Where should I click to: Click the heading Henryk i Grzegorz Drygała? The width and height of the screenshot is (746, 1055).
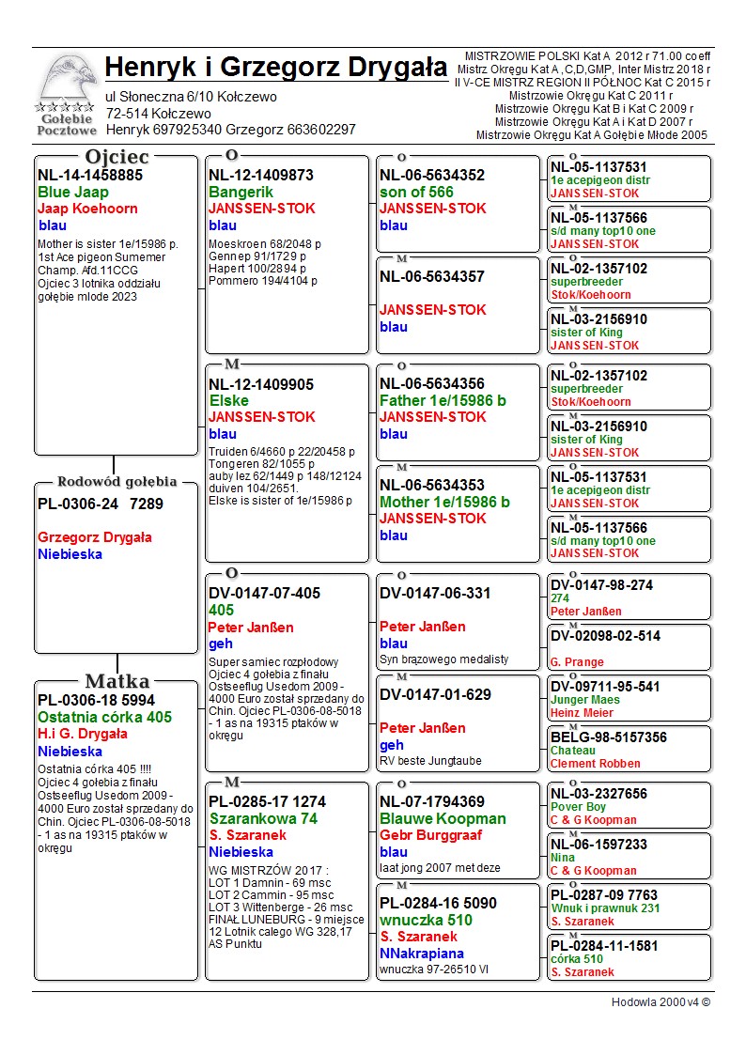pos(276,68)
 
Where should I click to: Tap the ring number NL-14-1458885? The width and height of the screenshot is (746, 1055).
pos(90,175)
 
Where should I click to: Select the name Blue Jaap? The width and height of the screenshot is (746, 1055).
pos(73,192)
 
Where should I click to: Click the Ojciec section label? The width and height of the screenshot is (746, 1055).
pos(117,157)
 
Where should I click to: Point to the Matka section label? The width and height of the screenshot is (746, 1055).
pos(117,681)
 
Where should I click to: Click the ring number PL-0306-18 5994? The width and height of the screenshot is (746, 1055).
pos(96,700)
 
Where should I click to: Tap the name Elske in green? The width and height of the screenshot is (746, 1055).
pos(228,400)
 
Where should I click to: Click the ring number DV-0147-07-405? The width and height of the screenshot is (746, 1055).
pos(264,593)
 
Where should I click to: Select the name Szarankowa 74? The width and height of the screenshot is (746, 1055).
pos(263,818)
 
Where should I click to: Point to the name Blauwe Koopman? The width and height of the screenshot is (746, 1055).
pos(443,818)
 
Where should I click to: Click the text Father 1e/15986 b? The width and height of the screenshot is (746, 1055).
pos(443,400)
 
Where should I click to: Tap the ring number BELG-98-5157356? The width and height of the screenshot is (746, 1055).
pos(609,737)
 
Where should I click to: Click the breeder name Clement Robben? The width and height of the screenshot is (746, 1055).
pos(596,764)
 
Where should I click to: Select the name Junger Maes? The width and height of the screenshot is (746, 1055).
pos(585,700)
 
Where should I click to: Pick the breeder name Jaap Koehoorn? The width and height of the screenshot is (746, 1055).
pos(87,209)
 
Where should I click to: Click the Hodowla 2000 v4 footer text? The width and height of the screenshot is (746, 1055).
pos(661,1001)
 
